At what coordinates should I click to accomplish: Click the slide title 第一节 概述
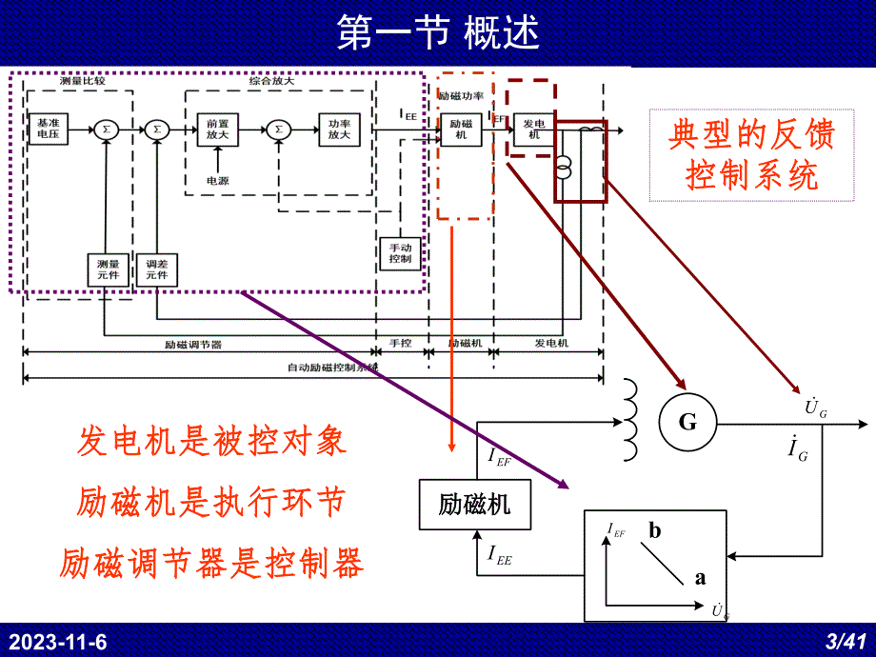[x=438, y=33]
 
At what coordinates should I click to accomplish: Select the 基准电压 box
[x=48, y=129]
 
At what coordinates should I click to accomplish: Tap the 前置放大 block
[x=217, y=129]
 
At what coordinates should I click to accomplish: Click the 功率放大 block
[x=339, y=129]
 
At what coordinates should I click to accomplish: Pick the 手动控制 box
[x=400, y=253]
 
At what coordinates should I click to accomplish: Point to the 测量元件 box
[x=108, y=270]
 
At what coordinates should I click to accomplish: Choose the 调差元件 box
[x=156, y=270]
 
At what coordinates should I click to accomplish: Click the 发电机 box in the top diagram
[x=532, y=129]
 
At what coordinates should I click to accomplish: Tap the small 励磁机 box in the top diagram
[x=461, y=129]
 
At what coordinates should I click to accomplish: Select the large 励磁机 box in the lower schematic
[x=474, y=505]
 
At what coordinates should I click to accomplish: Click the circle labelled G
[x=687, y=422]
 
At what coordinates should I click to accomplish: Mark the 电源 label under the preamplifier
[x=218, y=180]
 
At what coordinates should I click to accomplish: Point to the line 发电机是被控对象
[x=211, y=442]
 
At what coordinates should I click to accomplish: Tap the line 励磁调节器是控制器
[x=211, y=564]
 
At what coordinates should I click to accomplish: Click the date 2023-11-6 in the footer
[x=58, y=643]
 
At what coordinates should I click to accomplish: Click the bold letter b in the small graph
[x=655, y=531]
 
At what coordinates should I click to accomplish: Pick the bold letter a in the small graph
[x=700, y=577]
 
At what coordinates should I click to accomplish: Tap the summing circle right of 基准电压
[x=107, y=129]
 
